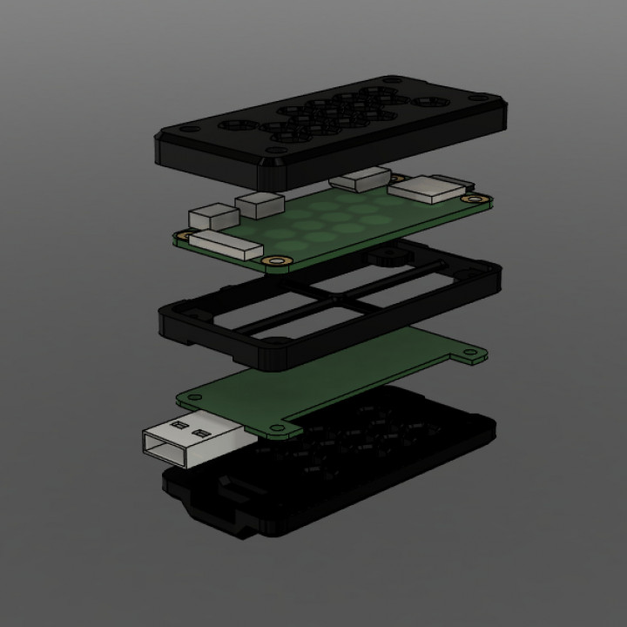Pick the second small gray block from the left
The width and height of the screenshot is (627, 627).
(260, 204)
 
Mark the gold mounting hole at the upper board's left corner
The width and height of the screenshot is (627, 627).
(184, 234)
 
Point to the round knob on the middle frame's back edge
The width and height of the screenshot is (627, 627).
(383, 258)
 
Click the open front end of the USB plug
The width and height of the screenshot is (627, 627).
(155, 444)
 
